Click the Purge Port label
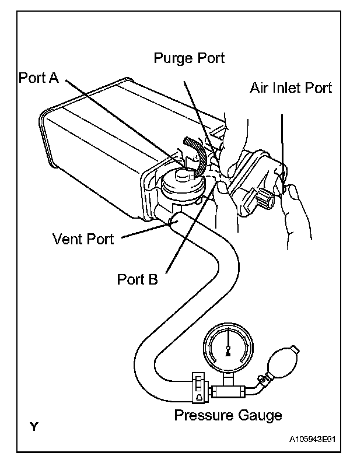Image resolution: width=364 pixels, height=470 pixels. [x=189, y=58]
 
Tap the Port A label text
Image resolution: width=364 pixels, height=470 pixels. [x=38, y=78]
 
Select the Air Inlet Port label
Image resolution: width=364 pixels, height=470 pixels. [x=290, y=88]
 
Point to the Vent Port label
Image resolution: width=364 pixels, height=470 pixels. [x=83, y=239]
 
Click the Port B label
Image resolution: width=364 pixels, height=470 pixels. [x=137, y=279]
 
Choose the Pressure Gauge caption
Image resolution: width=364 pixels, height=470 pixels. [x=228, y=415]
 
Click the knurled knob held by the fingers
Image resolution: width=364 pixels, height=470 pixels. [x=268, y=201]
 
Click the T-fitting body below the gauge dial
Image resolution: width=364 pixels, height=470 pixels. [x=227, y=389]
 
